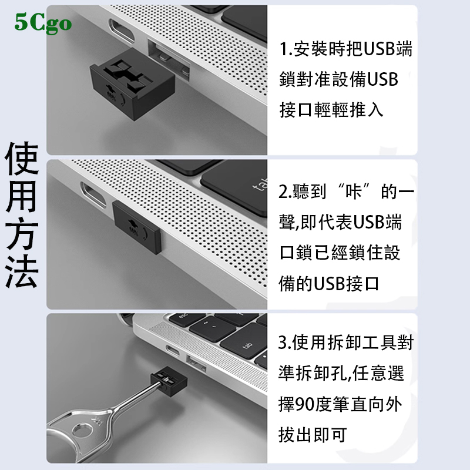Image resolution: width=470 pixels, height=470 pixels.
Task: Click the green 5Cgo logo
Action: coord(43,23)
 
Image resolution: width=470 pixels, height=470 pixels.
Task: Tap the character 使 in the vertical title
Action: coord(22,158)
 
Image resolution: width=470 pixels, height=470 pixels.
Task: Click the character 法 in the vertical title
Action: coord(22,271)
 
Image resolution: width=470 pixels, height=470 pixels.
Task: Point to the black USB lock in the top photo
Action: coord(132,87)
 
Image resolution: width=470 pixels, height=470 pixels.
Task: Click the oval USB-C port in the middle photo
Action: coord(93,194)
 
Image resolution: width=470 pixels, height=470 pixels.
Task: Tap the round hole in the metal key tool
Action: coord(82,431)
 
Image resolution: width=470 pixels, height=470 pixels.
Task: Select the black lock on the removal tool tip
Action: coord(169,381)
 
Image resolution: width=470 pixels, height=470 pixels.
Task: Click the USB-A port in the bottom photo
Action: coord(196,363)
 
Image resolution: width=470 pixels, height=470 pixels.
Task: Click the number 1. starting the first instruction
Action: coord(286,49)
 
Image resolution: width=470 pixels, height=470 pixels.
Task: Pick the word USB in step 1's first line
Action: coord(379,49)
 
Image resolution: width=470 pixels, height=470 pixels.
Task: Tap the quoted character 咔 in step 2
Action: coord(354,192)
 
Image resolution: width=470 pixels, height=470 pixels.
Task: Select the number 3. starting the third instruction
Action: coord(285,343)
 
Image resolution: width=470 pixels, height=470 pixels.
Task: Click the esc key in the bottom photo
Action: coord(185,318)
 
